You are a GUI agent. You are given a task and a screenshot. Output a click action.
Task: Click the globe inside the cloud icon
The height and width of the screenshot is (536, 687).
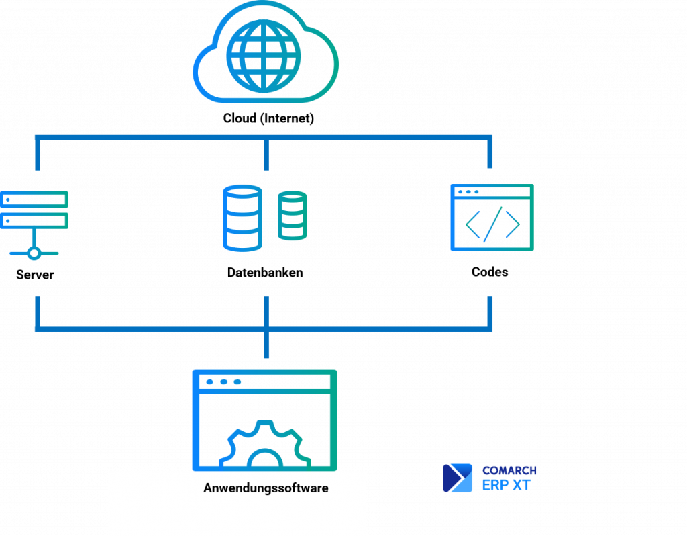[263, 56]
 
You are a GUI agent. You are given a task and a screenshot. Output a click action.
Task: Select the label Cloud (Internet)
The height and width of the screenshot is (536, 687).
[268, 118]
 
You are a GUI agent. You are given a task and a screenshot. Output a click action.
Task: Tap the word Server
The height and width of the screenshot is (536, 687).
[35, 275]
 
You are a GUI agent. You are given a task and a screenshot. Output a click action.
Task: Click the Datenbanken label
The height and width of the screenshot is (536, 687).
[265, 273]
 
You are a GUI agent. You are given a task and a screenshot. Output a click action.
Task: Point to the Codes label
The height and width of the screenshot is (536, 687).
[490, 272]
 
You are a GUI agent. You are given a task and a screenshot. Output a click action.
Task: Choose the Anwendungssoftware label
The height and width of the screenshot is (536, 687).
[266, 488]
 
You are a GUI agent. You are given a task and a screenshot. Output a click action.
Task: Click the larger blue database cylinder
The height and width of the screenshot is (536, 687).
[242, 218]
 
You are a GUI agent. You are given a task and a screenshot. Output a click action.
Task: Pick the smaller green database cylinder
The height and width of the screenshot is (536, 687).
[293, 216]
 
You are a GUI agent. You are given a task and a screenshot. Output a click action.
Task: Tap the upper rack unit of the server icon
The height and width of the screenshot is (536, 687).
[34, 199]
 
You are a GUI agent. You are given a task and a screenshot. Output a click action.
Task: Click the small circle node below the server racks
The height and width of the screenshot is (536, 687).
[34, 253]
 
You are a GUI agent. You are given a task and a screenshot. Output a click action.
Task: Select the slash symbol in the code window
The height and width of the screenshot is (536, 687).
[493, 224]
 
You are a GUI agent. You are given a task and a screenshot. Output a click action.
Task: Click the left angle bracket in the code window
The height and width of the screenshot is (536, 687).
[473, 224]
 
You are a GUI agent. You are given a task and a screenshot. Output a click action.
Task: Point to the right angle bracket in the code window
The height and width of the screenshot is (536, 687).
[513, 224]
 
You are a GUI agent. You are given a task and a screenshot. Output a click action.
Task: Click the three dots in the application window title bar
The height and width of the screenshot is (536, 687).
[223, 382]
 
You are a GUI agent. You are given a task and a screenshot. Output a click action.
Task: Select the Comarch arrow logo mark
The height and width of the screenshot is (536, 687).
[458, 478]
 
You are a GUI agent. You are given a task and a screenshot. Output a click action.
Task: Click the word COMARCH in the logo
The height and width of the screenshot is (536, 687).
[510, 470]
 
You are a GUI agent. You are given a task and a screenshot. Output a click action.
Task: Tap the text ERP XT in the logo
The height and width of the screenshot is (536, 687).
[507, 485]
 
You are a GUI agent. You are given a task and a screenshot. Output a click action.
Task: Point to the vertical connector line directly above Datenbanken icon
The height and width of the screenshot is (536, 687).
[266, 154]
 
